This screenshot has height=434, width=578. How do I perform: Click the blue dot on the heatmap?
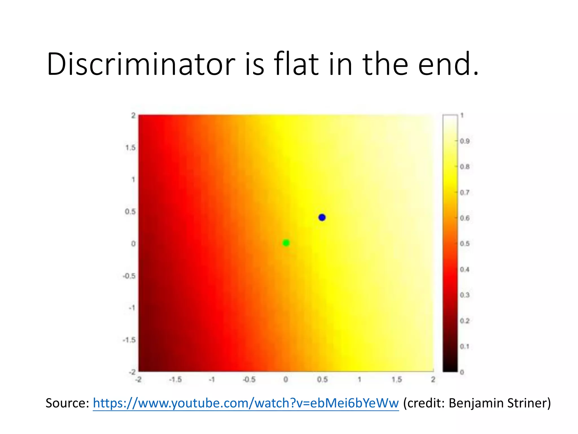322,217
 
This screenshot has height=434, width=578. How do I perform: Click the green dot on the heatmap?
286,243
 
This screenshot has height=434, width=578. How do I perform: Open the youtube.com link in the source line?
246,403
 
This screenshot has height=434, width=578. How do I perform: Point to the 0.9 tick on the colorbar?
464,141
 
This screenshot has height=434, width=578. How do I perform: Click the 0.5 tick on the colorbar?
464,244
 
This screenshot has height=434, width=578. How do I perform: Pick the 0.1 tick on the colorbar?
464,346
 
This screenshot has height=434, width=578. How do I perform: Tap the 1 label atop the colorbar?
462,115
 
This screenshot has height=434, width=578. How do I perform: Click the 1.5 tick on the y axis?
130,147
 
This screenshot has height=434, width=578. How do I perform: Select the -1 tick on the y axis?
132,308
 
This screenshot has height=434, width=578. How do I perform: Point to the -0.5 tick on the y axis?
129,276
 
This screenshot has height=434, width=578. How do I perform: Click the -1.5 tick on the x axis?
175,379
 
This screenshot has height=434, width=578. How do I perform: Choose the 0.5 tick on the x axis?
322,379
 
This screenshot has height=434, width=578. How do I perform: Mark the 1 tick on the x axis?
359,379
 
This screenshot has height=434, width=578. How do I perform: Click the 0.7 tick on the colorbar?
464,192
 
